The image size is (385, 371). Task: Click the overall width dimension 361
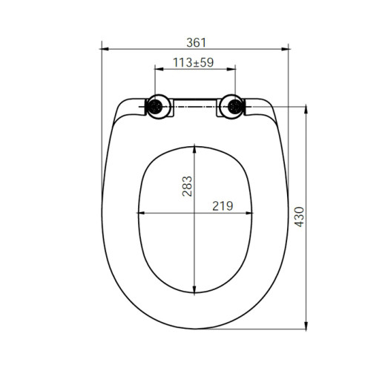coord(194,42)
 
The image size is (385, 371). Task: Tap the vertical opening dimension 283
coord(187,185)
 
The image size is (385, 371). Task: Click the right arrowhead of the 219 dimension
coord(249,214)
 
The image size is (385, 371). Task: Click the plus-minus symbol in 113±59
coord(195,63)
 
